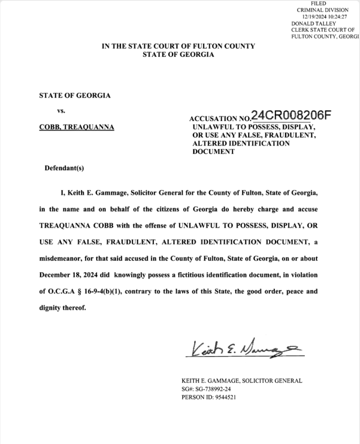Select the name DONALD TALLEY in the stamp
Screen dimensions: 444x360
pos(310,23)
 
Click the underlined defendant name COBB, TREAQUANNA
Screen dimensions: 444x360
pos(76,128)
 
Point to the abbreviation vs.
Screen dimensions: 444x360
pos(61,111)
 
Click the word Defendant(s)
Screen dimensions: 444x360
pos(64,168)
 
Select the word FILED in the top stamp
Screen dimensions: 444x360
pos(322,3)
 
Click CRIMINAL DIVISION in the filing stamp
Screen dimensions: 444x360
pos(322,10)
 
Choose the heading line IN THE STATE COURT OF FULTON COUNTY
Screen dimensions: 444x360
pos(178,46)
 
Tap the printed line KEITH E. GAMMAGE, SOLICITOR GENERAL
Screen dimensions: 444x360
pos(242,381)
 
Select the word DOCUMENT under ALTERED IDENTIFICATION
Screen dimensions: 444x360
pos(214,152)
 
